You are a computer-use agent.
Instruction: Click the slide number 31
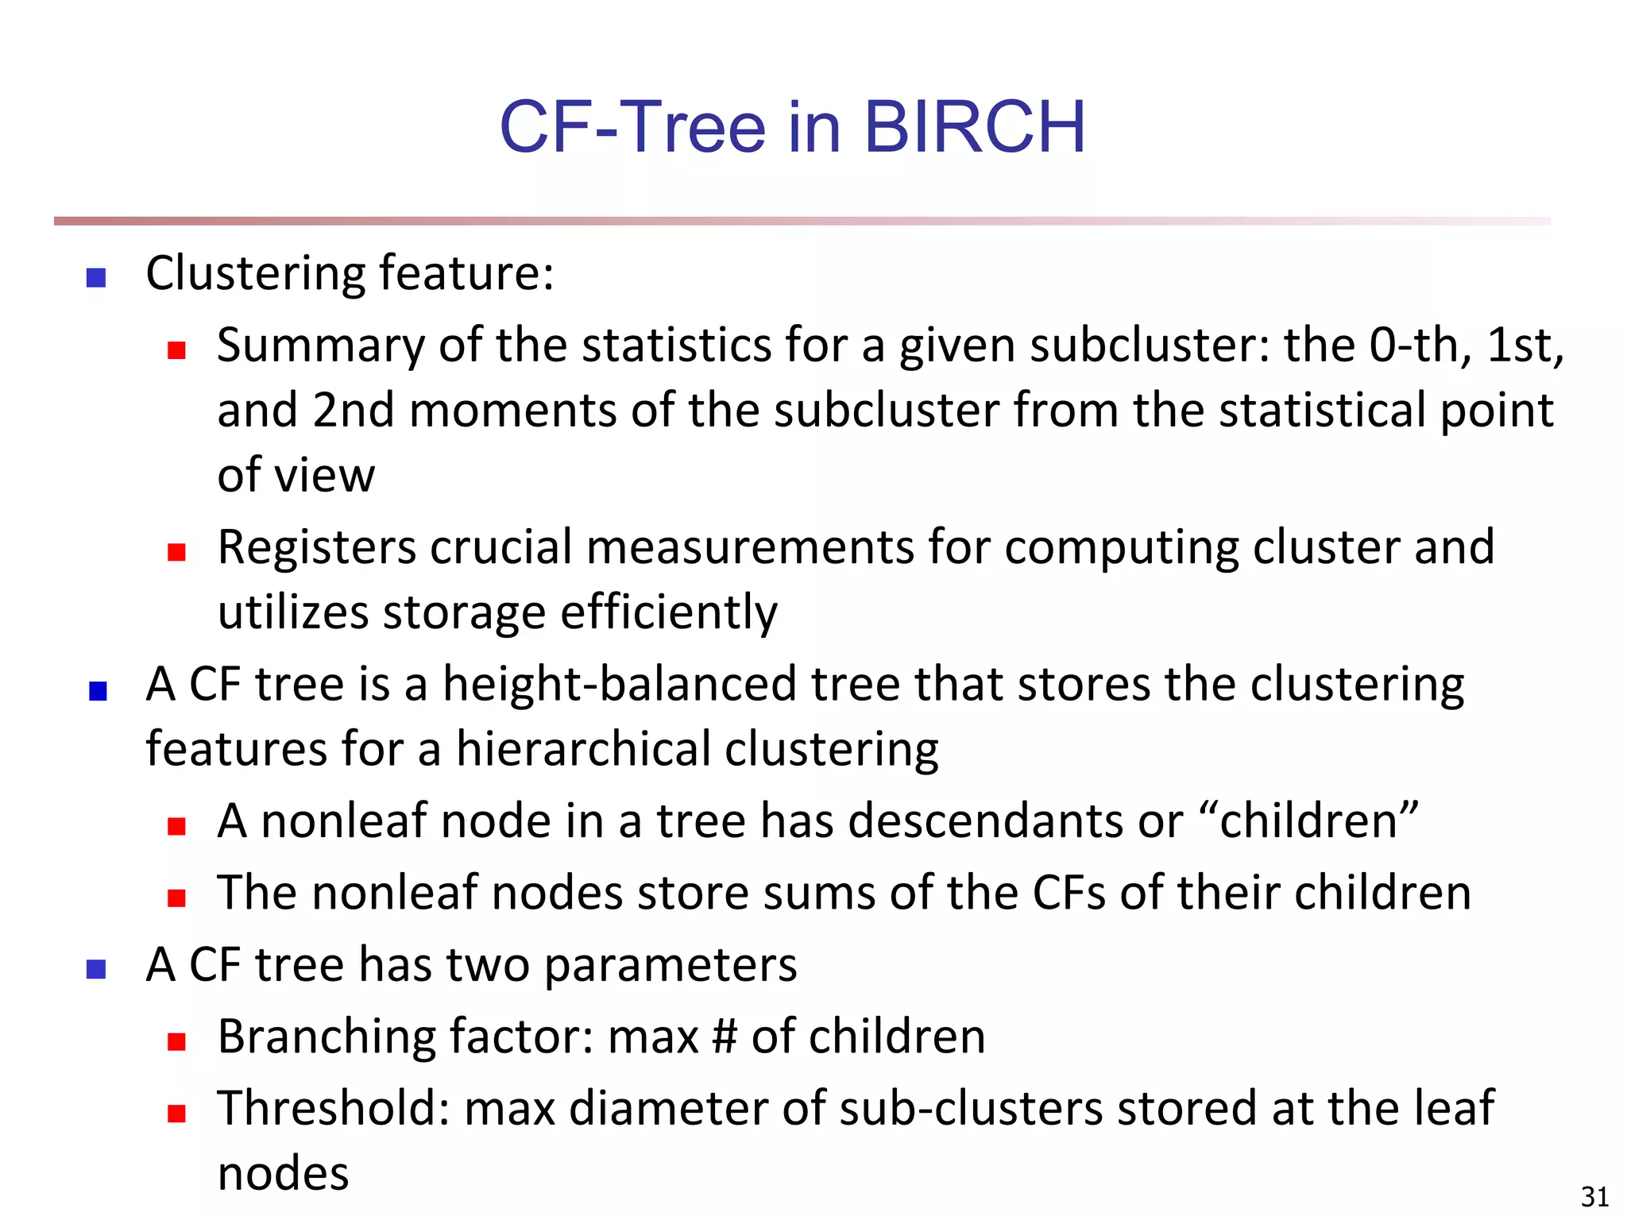click(x=1594, y=1196)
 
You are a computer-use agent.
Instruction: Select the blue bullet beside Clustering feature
click(x=96, y=277)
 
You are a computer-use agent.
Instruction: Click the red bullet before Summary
click(x=176, y=350)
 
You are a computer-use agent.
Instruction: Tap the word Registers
click(x=317, y=548)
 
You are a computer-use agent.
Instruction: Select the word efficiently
click(x=669, y=613)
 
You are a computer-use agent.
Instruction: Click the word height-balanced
click(x=619, y=685)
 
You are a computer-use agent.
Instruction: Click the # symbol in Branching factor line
click(x=725, y=1037)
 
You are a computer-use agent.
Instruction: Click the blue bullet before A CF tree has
click(x=96, y=970)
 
